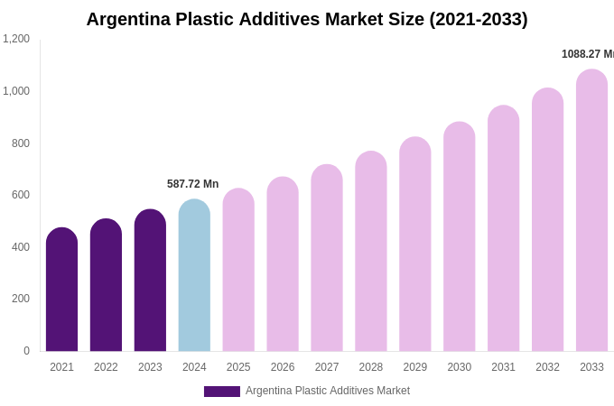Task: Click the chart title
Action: click(307, 19)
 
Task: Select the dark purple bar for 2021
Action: click(61, 291)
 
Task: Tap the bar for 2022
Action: click(106, 286)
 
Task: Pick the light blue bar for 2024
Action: click(194, 276)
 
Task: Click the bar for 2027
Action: click(327, 259)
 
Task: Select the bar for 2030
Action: click(459, 237)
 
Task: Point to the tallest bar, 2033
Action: click(591, 211)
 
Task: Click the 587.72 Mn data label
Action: click(192, 184)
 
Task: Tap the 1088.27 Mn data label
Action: click(587, 54)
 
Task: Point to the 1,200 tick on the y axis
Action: click(16, 39)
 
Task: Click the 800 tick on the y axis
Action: click(20, 143)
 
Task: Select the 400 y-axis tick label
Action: click(20, 247)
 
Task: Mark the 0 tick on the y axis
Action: click(26, 351)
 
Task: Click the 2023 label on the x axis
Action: click(150, 367)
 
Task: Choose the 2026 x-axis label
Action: click(283, 367)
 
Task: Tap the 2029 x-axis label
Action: click(415, 367)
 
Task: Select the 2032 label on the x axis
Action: click(547, 367)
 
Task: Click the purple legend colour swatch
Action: click(222, 392)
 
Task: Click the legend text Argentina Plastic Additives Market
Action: click(328, 391)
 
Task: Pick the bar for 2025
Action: click(238, 271)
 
